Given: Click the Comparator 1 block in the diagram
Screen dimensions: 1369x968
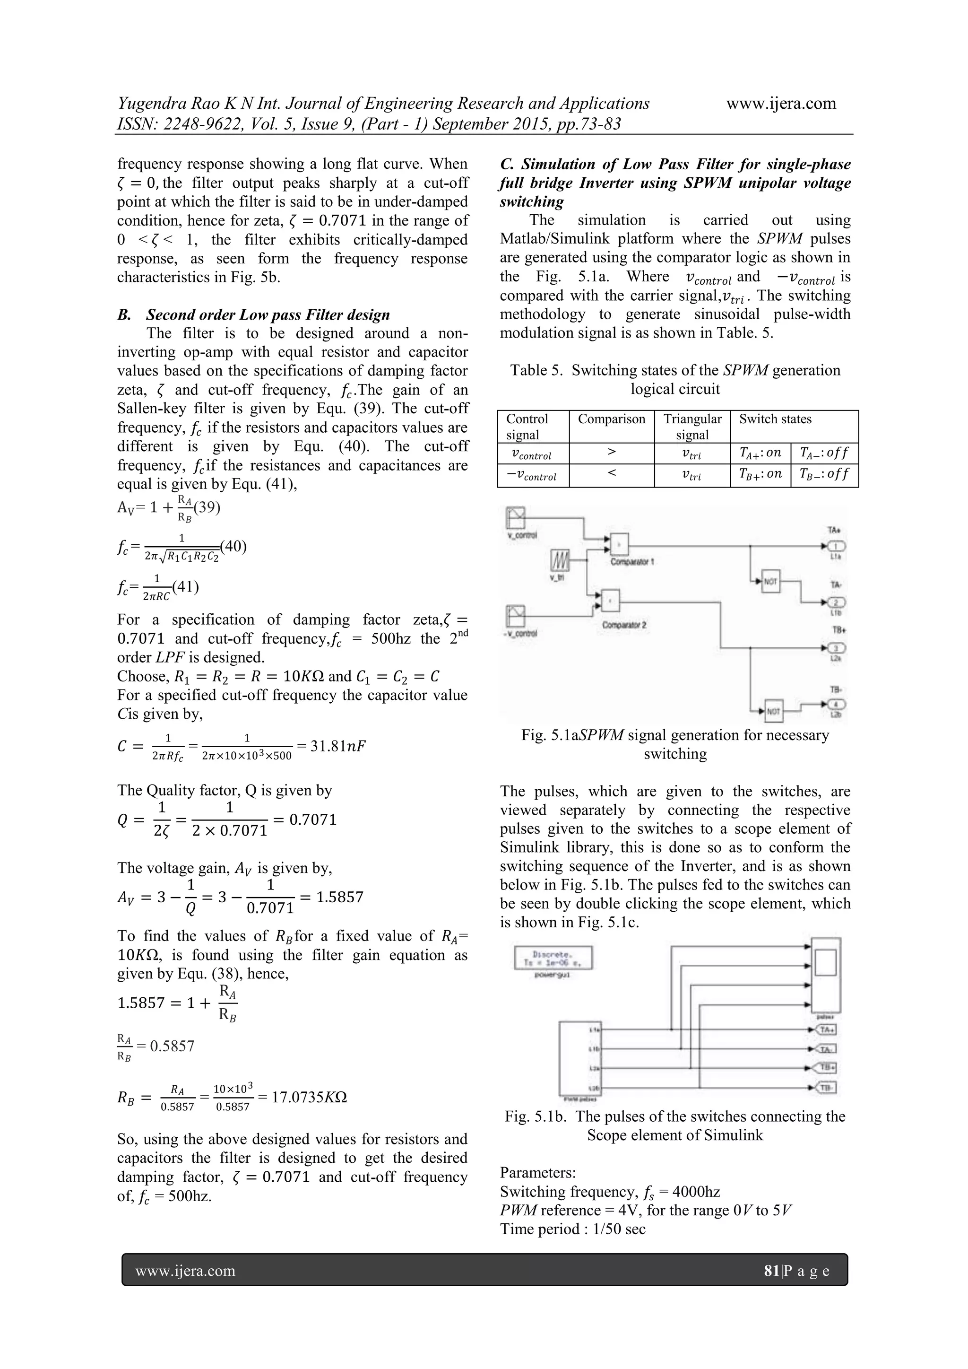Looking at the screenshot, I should coord(619,543).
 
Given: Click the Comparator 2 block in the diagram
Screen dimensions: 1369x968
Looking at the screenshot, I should coord(610,601).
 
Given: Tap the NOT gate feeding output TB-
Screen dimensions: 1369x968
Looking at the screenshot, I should coord(774,710).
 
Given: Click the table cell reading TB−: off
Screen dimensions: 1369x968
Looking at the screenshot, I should coord(824,475).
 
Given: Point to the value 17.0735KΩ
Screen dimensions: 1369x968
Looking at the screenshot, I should coord(310,1097).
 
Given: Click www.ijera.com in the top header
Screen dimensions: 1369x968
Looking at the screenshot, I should coord(781,104).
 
